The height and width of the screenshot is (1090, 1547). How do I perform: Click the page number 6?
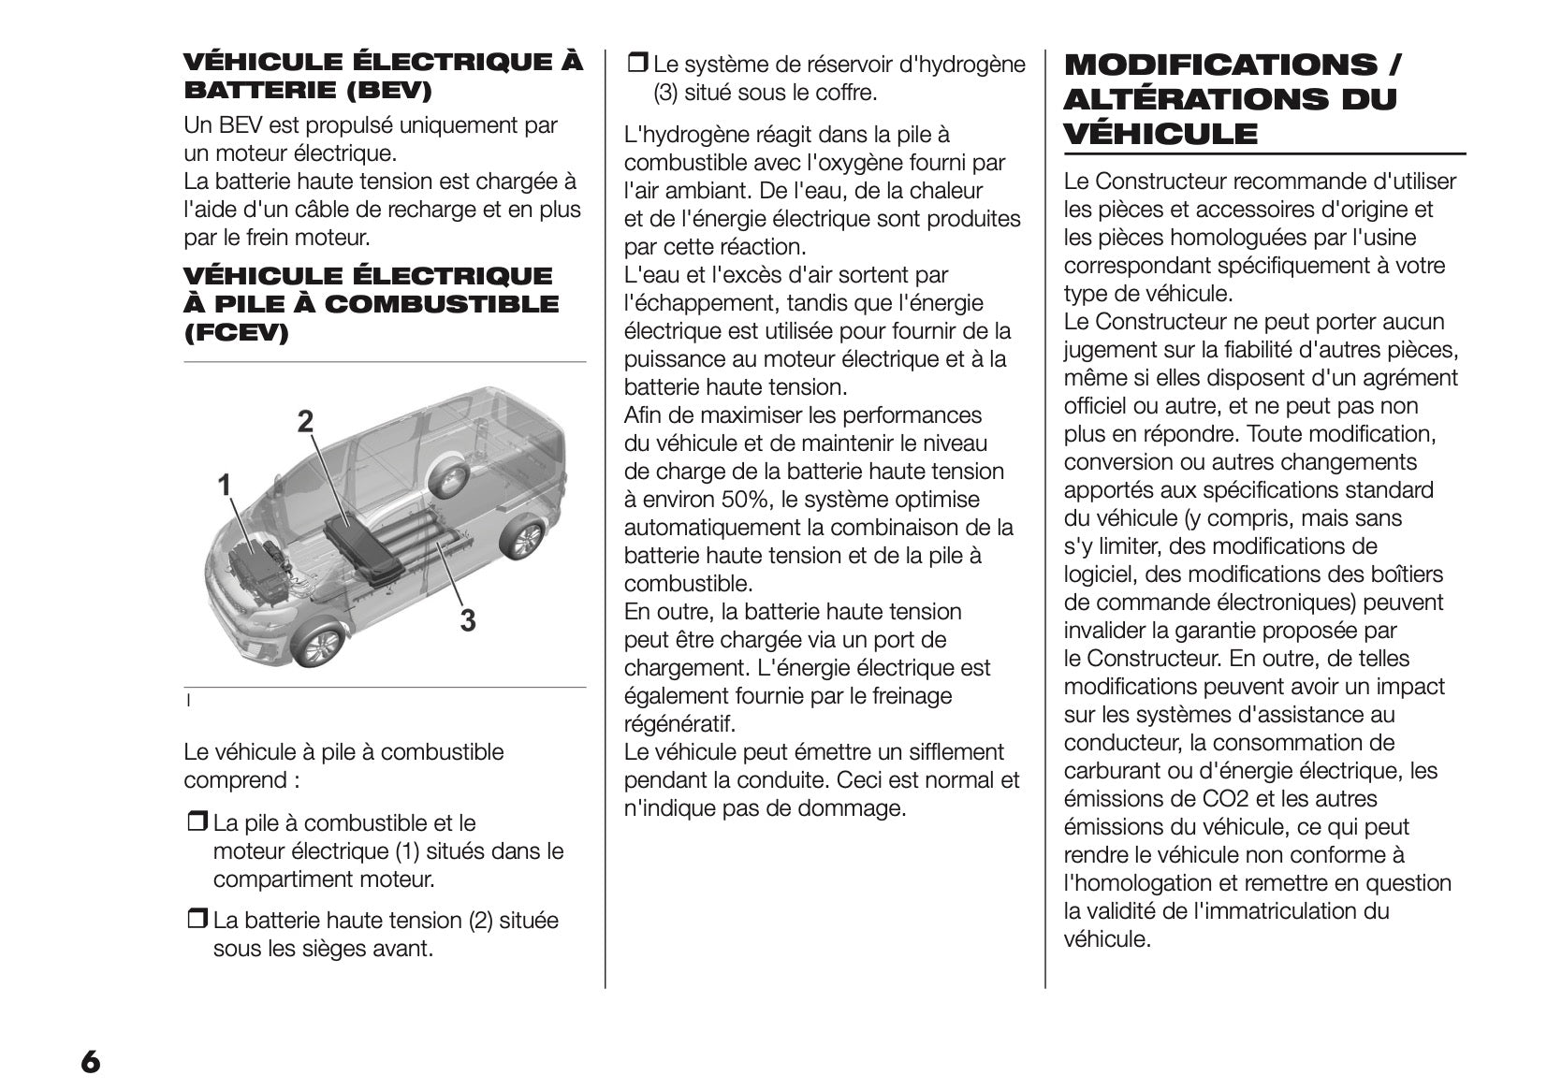[x=90, y=1062]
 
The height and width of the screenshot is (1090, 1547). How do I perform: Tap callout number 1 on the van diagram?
[x=225, y=485]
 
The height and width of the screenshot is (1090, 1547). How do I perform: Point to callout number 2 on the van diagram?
[x=305, y=422]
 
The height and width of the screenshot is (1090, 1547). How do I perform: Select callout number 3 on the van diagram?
[x=467, y=619]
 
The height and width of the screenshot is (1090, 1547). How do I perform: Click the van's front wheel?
[x=318, y=645]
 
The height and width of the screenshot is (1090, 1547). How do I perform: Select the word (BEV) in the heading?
[x=387, y=90]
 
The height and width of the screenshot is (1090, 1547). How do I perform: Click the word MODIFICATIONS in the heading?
[x=1219, y=65]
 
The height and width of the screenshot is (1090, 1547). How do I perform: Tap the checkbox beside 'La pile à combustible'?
[x=197, y=823]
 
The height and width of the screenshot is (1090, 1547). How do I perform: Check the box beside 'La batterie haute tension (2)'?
[x=197, y=921]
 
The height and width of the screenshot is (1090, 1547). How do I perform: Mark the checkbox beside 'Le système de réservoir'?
[x=636, y=65]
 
